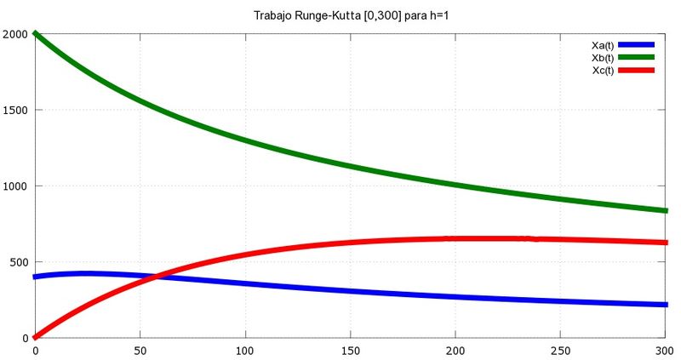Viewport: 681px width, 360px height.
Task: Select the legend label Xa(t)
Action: pos(603,44)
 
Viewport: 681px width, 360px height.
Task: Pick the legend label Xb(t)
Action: pos(603,57)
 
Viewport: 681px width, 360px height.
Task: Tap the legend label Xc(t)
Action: pos(603,70)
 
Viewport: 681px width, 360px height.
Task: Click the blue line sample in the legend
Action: pos(636,44)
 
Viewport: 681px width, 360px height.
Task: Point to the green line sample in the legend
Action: pos(636,57)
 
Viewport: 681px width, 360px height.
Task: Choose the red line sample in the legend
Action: pos(636,70)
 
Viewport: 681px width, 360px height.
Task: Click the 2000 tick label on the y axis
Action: pos(15,34)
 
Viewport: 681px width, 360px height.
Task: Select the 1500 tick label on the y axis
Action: pos(15,110)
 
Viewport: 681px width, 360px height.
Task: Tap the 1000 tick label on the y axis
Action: pos(15,186)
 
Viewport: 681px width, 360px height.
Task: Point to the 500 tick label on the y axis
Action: pos(18,262)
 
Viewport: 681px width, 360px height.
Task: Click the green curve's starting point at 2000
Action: pos(36,34)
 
